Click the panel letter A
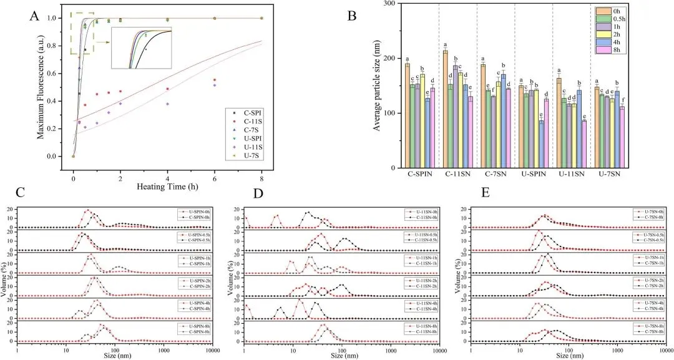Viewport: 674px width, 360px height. tap(36, 16)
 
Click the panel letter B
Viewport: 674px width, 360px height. tap(352, 16)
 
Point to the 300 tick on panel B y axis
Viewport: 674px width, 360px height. tap(392, 4)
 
